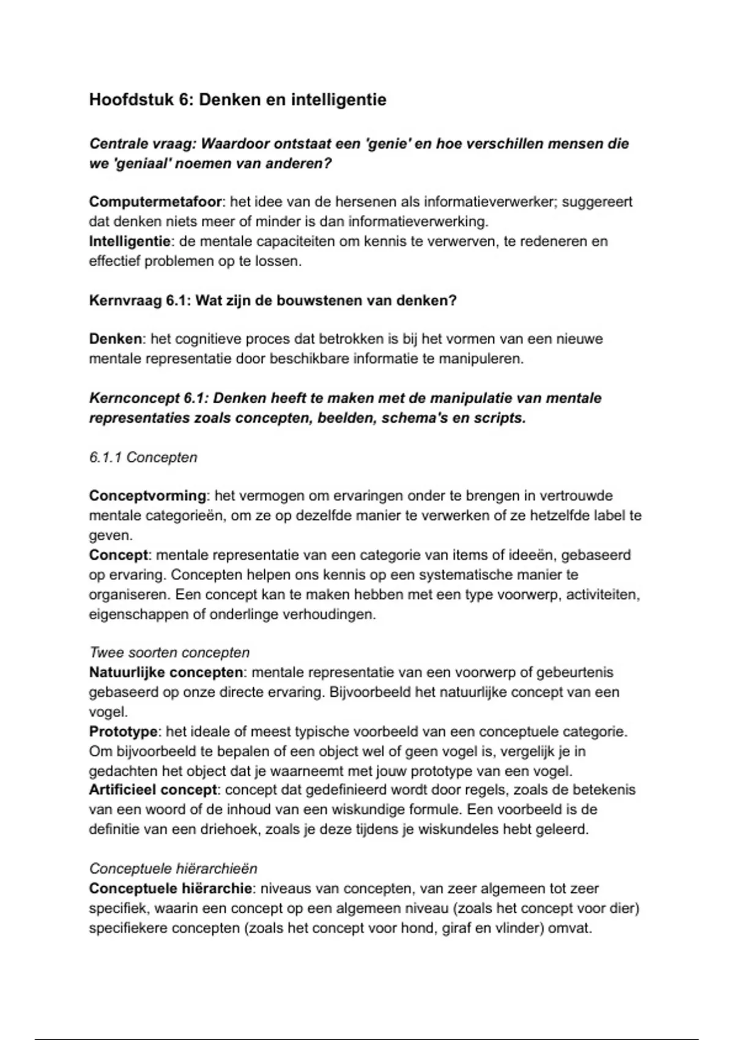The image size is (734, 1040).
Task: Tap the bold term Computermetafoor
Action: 155,202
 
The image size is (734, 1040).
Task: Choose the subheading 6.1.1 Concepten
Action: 143,458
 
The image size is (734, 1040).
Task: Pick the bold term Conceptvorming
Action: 148,496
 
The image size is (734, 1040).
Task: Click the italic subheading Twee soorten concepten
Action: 169,653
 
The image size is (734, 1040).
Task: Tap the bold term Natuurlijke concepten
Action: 166,672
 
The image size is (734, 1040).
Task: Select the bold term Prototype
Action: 124,732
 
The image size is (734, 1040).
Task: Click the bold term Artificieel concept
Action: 153,790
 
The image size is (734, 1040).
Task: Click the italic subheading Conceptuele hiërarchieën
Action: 173,869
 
